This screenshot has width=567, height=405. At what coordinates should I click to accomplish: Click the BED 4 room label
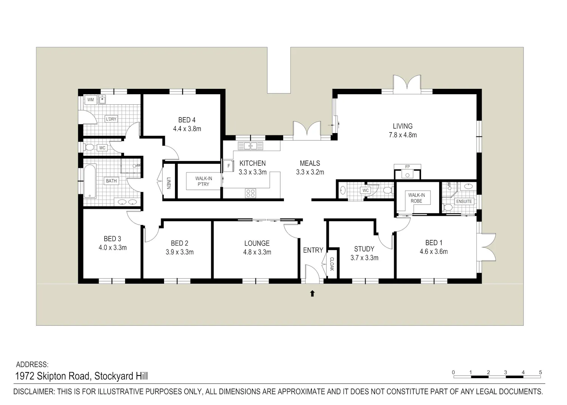click(187, 120)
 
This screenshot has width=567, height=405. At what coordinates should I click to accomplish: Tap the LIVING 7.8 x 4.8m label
click(403, 130)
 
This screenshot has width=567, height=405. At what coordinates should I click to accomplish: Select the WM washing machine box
click(91, 100)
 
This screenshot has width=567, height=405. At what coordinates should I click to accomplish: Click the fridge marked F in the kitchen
click(229, 166)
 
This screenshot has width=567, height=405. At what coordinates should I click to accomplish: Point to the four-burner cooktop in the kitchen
click(250, 193)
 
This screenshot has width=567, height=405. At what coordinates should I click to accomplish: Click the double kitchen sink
click(250, 146)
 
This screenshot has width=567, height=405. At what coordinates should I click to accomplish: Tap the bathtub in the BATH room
click(90, 181)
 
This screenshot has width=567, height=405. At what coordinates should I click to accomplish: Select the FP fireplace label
click(407, 167)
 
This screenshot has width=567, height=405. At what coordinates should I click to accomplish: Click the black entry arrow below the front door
click(312, 293)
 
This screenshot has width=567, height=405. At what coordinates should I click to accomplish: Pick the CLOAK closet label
click(332, 264)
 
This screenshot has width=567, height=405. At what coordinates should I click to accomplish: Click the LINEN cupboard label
click(169, 183)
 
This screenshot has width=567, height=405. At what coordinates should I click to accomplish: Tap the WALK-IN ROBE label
click(417, 198)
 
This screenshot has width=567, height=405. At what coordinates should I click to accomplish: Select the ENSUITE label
click(464, 201)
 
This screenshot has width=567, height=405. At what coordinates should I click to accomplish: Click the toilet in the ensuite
click(448, 208)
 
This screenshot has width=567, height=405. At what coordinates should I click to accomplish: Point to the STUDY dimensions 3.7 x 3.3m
click(364, 258)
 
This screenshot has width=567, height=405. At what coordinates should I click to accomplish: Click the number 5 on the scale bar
click(540, 372)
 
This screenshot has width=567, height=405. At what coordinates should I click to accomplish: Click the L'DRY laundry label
click(111, 119)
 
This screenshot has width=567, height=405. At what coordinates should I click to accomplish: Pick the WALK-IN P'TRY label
click(203, 182)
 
